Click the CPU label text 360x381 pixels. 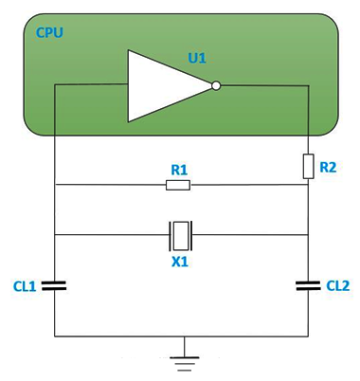pyautogui.click(x=49, y=33)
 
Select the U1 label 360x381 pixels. pyautogui.click(x=197, y=58)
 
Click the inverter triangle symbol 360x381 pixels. pyautogui.click(x=167, y=85)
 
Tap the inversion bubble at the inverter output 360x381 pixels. pyautogui.click(x=216, y=85)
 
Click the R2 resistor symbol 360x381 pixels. pyautogui.click(x=308, y=166)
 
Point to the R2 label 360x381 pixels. pyautogui.click(x=328, y=167)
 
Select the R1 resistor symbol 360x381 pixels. pyautogui.click(x=178, y=185)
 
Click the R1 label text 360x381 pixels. pyautogui.click(x=179, y=170)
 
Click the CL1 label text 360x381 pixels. pyautogui.click(x=26, y=284)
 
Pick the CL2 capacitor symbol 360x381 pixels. pyautogui.click(x=308, y=283)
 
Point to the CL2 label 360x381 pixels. pyautogui.click(x=337, y=284)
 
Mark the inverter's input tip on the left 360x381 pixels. pyautogui.click(x=129, y=84)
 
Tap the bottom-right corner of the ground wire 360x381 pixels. pyautogui.click(x=308, y=336)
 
